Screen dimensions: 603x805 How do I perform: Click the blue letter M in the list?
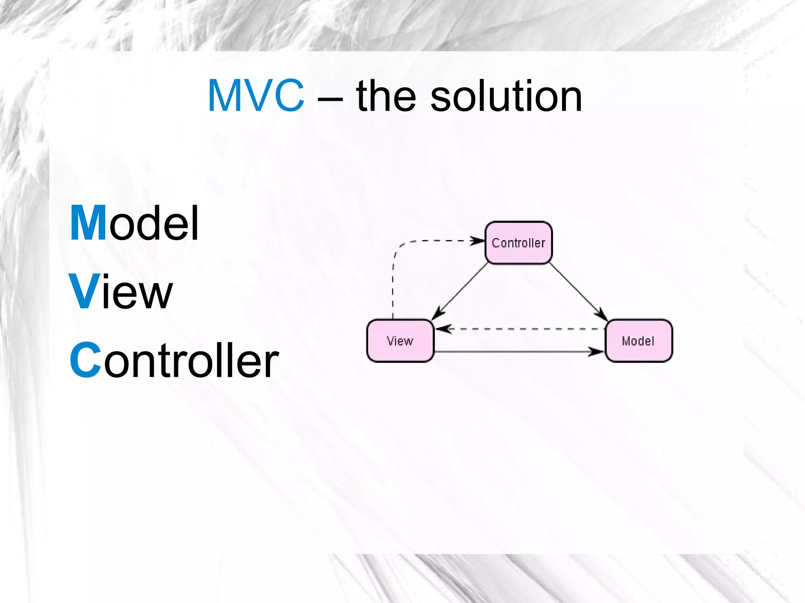(88, 223)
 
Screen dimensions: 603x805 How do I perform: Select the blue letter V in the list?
(84, 291)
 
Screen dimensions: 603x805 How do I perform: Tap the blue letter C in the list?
(86, 360)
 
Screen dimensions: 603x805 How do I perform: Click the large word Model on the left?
(134, 223)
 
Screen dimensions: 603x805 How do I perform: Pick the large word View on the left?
(121, 291)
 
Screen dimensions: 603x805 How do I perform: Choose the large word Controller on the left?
(174, 360)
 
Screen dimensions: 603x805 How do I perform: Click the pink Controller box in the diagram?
(518, 243)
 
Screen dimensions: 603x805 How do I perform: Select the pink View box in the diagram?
(400, 341)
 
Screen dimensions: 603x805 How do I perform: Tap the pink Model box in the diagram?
(638, 341)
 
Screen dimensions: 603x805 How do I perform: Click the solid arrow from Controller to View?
(460, 291)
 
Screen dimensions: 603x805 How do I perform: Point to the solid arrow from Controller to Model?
(578, 291)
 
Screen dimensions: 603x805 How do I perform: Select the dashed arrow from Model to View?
(519, 329)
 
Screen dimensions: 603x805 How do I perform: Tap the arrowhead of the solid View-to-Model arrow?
(597, 352)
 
